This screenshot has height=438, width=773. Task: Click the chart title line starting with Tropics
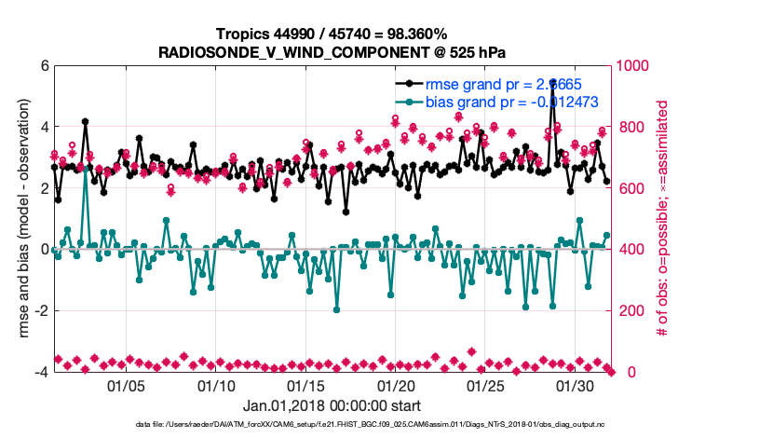332,34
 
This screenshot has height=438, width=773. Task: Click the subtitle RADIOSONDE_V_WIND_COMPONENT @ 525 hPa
332,51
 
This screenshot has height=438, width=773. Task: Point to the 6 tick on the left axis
43,66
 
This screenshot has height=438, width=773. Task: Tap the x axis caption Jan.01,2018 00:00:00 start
332,406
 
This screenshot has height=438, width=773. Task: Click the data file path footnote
332,425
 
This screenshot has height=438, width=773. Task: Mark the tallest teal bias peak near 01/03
86,171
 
